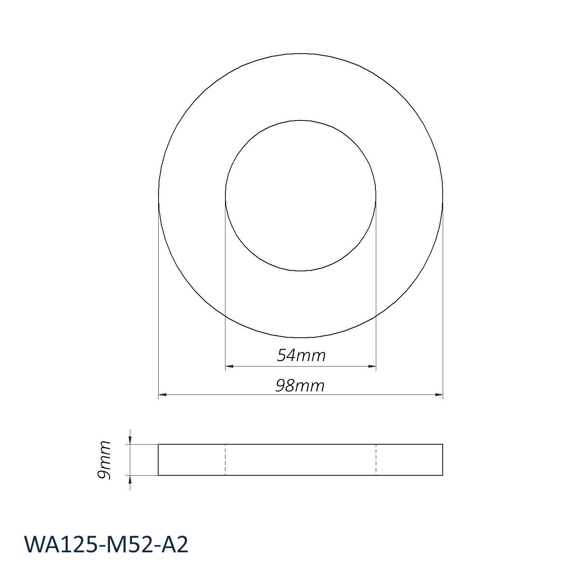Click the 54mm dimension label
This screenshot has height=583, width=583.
coord(301,355)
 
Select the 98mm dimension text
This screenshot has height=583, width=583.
coord(300,386)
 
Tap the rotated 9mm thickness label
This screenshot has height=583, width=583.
coord(104,460)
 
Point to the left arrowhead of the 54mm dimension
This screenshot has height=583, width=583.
coord(229,366)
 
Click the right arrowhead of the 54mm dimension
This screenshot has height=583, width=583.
coord(372,366)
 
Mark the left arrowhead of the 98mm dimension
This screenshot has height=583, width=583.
coord(162,395)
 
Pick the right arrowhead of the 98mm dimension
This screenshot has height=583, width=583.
coord(439,395)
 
